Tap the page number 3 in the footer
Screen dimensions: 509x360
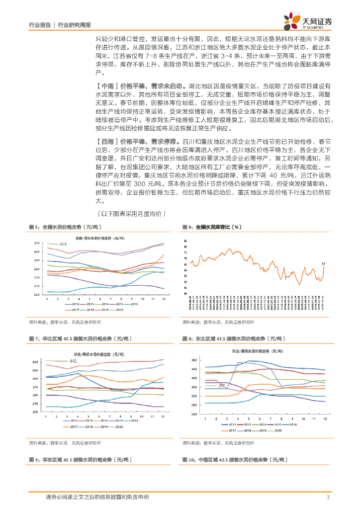click(328, 497)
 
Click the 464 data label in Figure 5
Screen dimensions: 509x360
click(63, 244)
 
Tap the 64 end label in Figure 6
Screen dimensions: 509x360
click(323, 263)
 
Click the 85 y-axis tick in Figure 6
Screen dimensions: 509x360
click(185, 240)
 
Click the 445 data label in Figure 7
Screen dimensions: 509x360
click(73, 361)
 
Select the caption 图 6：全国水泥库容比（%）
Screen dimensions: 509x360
click(212, 227)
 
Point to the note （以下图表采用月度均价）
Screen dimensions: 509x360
click(131, 214)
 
